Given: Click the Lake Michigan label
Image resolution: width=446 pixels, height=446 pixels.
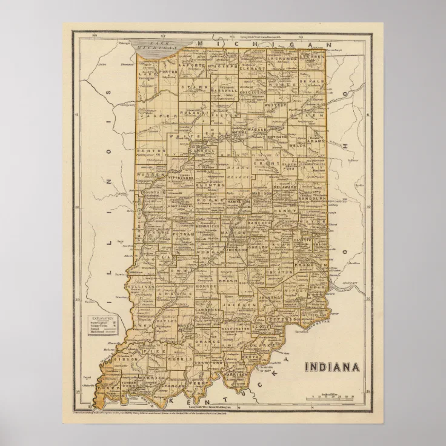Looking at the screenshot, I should click(159, 48).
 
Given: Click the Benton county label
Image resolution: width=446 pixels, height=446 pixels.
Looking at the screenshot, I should click(149, 150).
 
